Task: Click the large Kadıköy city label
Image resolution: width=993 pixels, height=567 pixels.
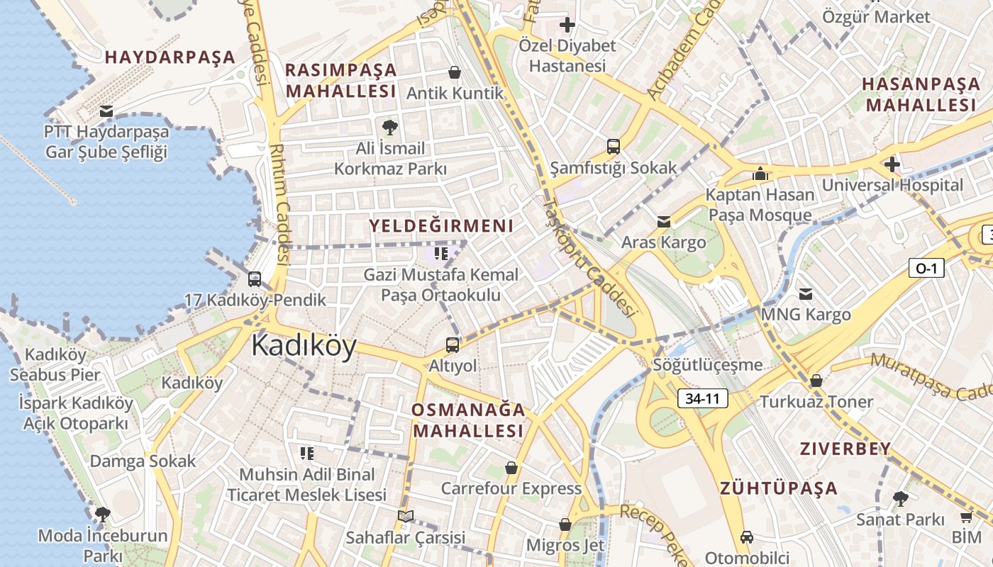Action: coord(304,346)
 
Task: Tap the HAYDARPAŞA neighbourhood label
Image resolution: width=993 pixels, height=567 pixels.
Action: coord(170,57)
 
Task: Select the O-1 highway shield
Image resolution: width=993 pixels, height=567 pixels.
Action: coord(926,268)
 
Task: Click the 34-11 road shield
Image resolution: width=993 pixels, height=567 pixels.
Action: coord(702,398)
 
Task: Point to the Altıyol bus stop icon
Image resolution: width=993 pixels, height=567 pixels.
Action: coord(453,345)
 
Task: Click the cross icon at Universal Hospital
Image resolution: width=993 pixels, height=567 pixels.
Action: coord(892,165)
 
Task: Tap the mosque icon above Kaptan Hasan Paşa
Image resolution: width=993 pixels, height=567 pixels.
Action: coord(760,173)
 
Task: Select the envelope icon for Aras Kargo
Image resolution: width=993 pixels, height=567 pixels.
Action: coord(664,222)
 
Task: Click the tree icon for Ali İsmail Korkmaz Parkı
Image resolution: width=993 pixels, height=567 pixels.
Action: coord(389,128)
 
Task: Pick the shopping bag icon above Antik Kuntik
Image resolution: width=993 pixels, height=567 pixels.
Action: coord(455,72)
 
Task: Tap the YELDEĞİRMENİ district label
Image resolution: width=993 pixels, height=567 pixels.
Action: coord(441,226)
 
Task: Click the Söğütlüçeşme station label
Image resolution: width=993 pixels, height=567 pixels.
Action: coord(708,365)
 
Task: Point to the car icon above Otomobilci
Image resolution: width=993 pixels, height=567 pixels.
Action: coord(746,537)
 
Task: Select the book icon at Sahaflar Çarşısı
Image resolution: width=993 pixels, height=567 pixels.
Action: coord(405,516)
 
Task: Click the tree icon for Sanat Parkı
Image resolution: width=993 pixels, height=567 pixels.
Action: coord(900,498)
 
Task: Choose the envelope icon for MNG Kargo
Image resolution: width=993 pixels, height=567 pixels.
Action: coord(806,293)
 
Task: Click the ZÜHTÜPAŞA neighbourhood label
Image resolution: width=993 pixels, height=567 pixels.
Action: coord(779,488)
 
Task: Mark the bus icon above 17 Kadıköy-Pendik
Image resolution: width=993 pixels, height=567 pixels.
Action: coord(255,279)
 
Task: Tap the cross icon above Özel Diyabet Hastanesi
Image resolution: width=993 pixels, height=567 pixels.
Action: coord(567,26)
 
